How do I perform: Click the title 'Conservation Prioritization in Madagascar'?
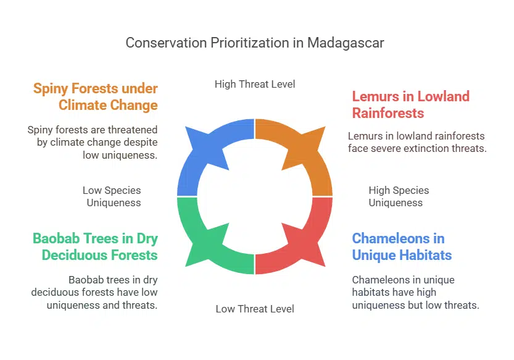(255, 43)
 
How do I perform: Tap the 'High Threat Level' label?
(255, 84)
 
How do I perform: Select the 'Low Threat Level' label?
(255, 309)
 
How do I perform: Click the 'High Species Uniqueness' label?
(399, 196)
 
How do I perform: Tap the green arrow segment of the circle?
(201, 238)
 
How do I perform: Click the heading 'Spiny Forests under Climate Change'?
(96, 96)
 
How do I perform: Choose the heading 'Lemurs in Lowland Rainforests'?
(410, 104)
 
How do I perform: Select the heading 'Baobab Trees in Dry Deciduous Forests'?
(95, 246)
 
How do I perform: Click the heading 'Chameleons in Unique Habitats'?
(402, 246)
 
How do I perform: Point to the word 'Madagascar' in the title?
(346, 43)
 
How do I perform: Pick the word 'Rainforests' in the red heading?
(388, 113)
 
